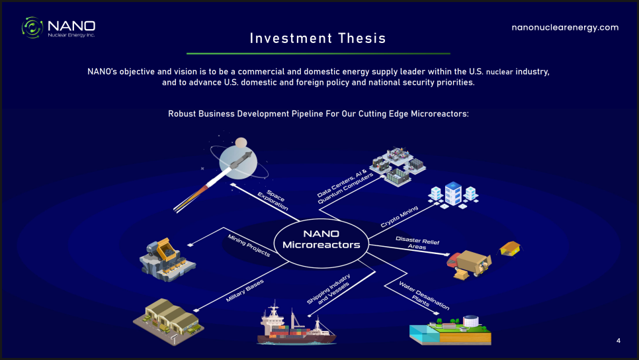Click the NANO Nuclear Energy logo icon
pyautogui.click(x=32, y=27)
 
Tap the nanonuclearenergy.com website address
pyautogui.click(x=565, y=27)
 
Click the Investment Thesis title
pyautogui.click(x=318, y=38)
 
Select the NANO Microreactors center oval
pyautogui.click(x=321, y=244)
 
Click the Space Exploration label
pyautogui.click(x=273, y=200)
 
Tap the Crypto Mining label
pyautogui.click(x=400, y=216)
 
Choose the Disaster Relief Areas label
pyautogui.click(x=417, y=243)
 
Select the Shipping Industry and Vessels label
pyautogui.click(x=329, y=289)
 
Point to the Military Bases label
pyautogui.click(x=245, y=291)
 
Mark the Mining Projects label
pyautogui.click(x=249, y=246)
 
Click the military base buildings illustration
pyautogui.click(x=169, y=320)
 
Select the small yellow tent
pyautogui.click(x=510, y=248)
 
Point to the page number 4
pyautogui.click(x=618, y=340)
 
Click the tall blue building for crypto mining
pyautogui.click(x=453, y=193)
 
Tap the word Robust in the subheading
pyautogui.click(x=182, y=114)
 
